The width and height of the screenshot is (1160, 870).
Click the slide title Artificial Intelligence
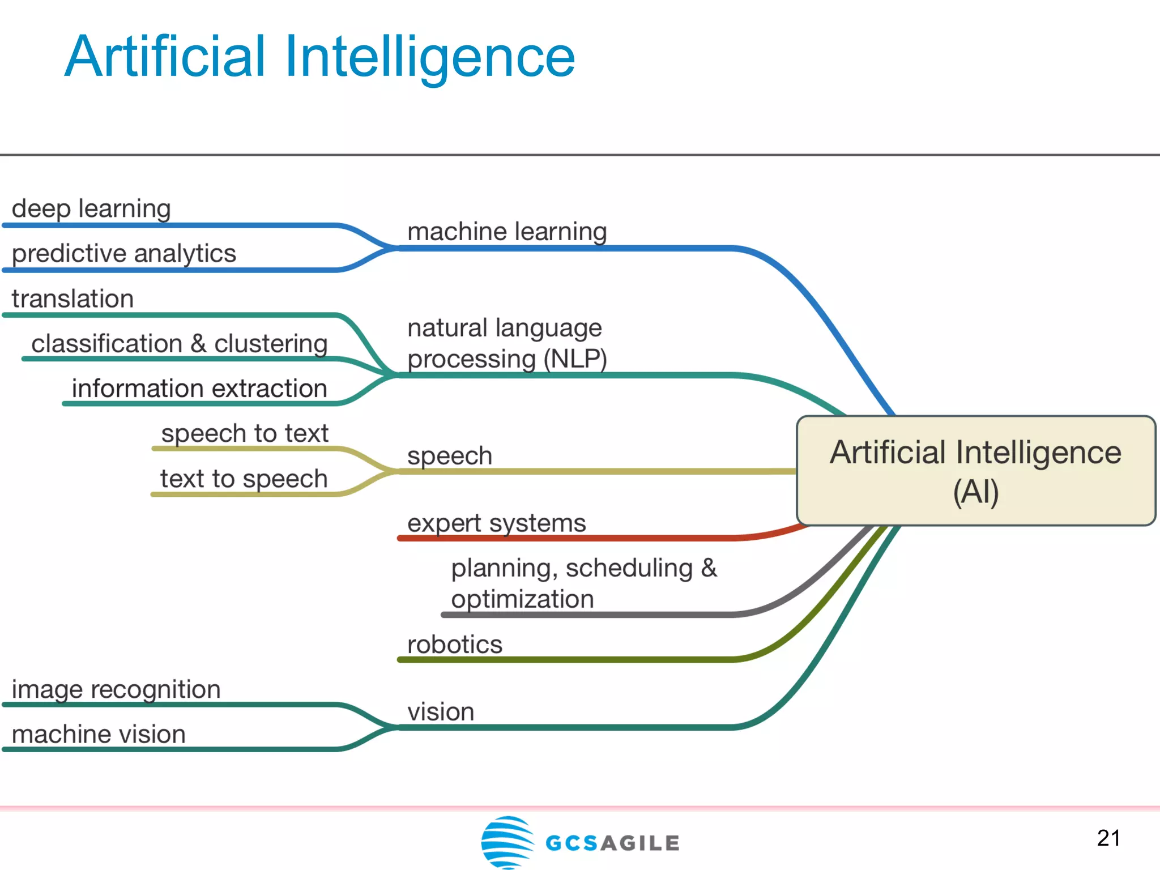click(x=320, y=57)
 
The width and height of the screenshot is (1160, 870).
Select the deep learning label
click(x=91, y=208)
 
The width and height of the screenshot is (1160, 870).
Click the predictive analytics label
click(x=123, y=253)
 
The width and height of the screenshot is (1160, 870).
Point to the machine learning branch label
click(x=507, y=232)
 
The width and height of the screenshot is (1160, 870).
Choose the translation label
click(x=72, y=298)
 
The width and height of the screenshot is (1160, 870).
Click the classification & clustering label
click(x=179, y=344)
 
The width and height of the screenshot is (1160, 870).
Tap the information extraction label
click(x=199, y=389)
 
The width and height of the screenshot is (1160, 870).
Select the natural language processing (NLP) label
click(x=507, y=343)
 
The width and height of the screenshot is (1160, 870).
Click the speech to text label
click(x=245, y=434)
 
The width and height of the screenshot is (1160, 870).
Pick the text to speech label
click(x=244, y=479)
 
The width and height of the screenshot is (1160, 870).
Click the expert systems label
click(x=497, y=523)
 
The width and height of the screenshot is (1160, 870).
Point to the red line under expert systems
click(x=566, y=538)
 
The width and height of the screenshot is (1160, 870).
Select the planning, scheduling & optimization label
click(x=583, y=583)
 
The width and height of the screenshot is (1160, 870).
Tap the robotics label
click(x=455, y=645)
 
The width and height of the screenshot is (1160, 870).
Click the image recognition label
click(x=116, y=690)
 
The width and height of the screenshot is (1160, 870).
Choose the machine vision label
click(x=99, y=735)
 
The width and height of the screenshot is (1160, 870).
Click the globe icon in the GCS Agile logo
click(x=507, y=842)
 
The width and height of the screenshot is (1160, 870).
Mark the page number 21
click(x=1108, y=838)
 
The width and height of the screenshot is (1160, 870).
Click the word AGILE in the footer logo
click(x=640, y=843)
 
